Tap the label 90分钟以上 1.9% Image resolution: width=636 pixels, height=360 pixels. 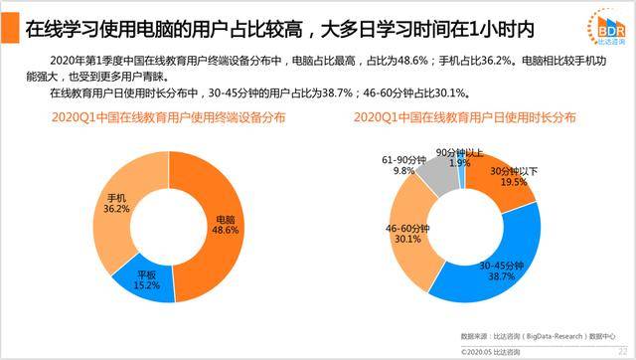458,157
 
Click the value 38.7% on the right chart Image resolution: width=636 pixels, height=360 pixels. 501,277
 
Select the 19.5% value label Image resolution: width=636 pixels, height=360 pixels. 513,183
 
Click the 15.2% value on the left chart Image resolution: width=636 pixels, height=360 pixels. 147,284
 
